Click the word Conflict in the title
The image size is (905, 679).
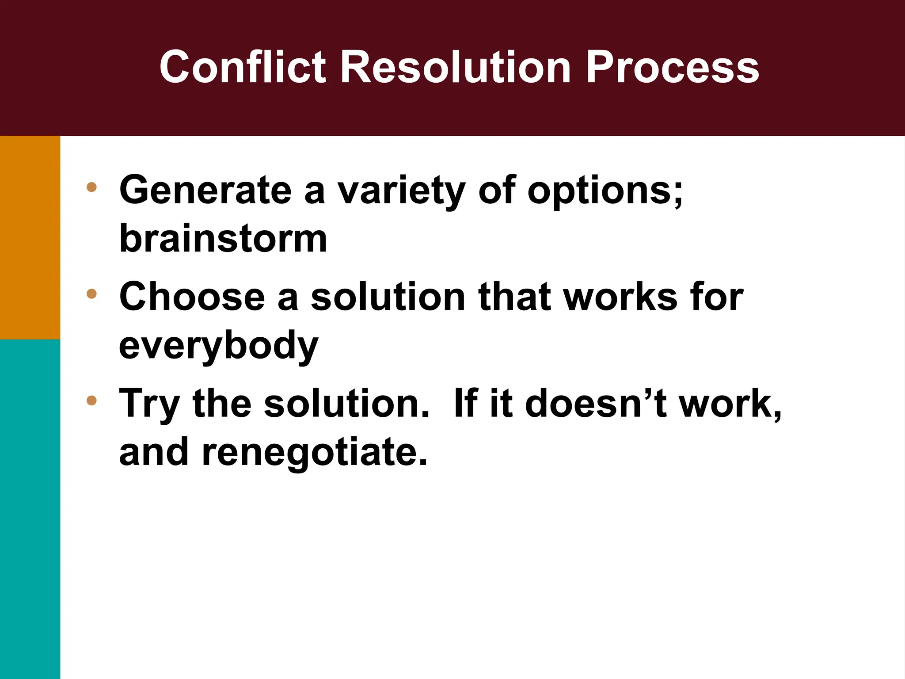(242, 67)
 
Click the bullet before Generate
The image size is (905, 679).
(91, 187)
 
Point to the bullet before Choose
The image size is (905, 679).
(91, 294)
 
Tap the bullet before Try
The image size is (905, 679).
(91, 401)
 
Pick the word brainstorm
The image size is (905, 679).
(223, 239)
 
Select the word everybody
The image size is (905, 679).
(219, 346)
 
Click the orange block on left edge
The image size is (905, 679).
(30, 237)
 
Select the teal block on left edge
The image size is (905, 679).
(30, 508)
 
